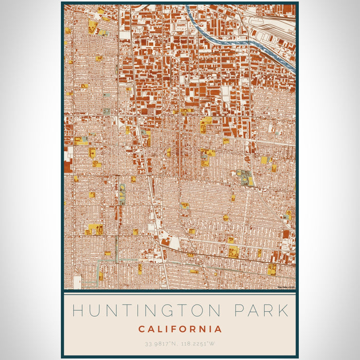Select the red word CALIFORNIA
[180, 329]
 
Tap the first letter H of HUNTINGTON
[78, 311]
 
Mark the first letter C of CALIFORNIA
[141, 329]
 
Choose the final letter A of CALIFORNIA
[219, 329]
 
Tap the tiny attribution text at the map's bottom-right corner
[285, 287]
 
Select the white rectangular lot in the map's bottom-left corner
[78, 282]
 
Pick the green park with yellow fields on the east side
[245, 178]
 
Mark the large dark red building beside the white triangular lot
[166, 241]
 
